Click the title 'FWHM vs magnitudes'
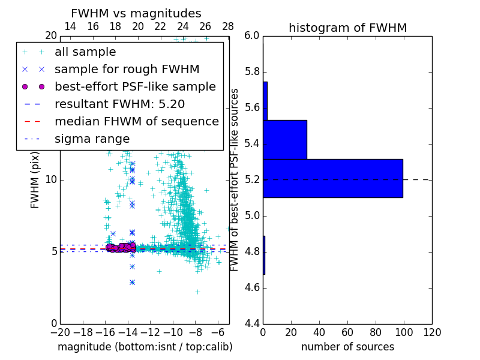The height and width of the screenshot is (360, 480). pyautogui.click(x=136, y=14)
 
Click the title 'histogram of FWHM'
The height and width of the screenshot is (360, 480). pyautogui.click(x=347, y=28)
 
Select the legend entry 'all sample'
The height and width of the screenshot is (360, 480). pyautogui.click(x=85, y=52)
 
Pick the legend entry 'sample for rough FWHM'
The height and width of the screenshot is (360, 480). pyautogui.click(x=127, y=70)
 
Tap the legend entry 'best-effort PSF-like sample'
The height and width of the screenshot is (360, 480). pyautogui.click(x=135, y=87)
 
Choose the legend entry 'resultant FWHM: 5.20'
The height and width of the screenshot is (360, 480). pyautogui.click(x=119, y=104)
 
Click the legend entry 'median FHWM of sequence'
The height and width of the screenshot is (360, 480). pyautogui.click(x=136, y=122)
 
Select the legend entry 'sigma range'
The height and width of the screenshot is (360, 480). pyautogui.click(x=92, y=139)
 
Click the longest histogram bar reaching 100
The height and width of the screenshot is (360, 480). pyautogui.click(x=333, y=178)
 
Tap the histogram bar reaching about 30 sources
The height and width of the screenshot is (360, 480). pyautogui.click(x=285, y=140)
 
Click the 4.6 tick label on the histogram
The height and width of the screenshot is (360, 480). pyautogui.click(x=251, y=288)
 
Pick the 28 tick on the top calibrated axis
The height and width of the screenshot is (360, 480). pyautogui.click(x=228, y=27)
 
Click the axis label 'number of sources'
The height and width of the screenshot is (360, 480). pyautogui.click(x=347, y=347)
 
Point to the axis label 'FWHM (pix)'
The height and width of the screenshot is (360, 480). pyautogui.click(x=35, y=179)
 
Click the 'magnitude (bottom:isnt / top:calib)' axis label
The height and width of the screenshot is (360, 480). pyautogui.click(x=145, y=347)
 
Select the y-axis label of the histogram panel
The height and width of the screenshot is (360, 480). pyautogui.click(x=235, y=179)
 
